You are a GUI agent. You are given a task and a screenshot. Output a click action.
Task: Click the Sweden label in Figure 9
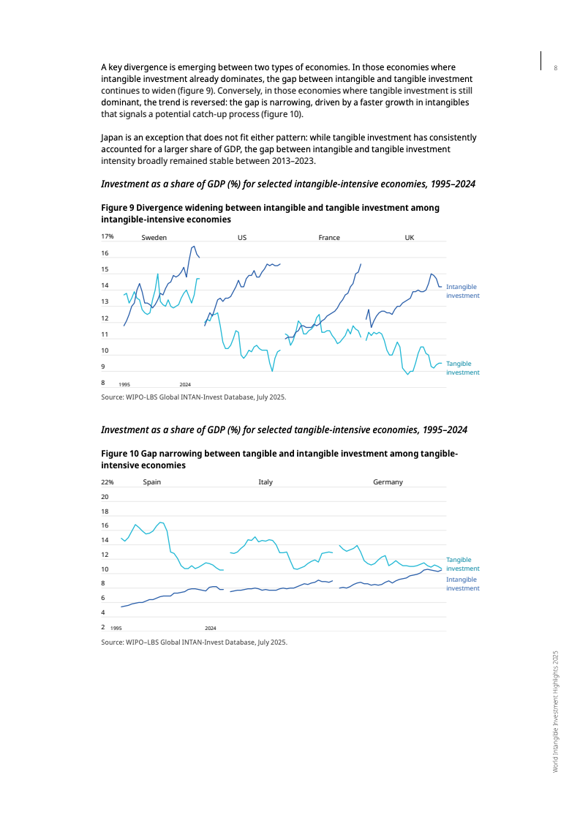154,237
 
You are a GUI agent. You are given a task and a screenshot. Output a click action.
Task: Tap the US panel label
242,237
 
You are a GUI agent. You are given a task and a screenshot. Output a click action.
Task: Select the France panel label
329,237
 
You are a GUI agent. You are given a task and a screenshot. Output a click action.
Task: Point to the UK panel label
409,237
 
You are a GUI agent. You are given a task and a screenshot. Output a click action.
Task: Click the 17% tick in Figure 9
108,236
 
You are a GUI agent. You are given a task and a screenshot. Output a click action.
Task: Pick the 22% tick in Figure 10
108,482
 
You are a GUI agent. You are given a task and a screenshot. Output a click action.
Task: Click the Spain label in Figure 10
151,482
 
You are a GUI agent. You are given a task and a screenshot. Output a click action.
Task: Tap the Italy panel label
265,482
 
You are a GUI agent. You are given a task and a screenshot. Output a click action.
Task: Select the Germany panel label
388,482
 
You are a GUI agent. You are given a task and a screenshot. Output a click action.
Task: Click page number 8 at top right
556,68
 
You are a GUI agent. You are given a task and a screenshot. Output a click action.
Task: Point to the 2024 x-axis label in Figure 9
185,384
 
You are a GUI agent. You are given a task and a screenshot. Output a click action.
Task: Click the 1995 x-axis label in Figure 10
116,629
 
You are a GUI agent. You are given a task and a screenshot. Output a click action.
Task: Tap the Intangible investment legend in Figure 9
462,291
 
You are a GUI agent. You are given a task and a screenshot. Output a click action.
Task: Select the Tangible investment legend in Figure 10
462,563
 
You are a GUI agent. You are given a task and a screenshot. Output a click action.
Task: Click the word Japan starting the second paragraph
112,138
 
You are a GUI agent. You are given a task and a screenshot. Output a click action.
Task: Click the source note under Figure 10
194,642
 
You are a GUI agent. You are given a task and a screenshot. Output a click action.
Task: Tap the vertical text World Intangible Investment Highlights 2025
556,711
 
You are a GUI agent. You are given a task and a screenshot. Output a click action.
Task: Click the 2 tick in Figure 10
103,627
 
